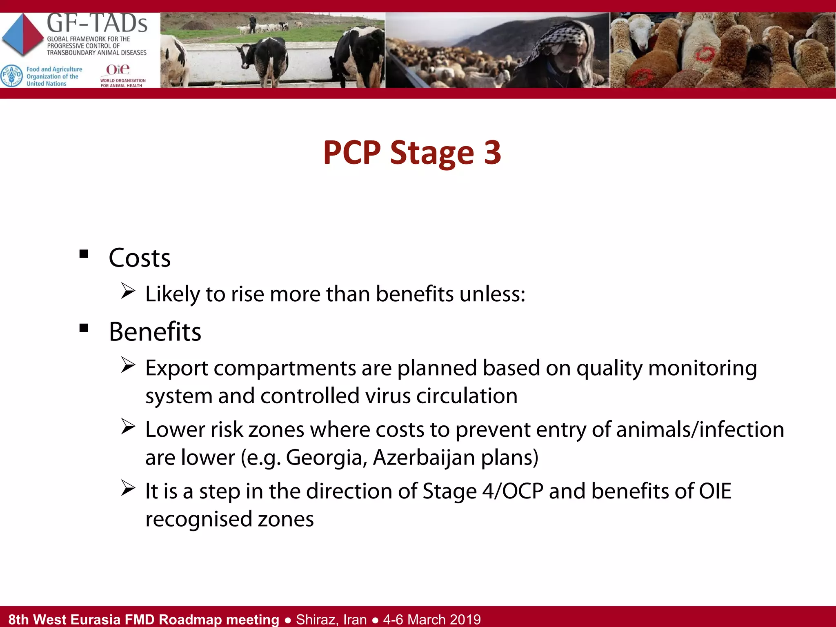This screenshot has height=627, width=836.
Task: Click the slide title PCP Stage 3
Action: click(x=412, y=153)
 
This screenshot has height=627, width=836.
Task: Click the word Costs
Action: click(x=140, y=258)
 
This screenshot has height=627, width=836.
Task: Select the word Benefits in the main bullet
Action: click(x=155, y=331)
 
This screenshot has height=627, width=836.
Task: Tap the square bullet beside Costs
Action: click(x=84, y=254)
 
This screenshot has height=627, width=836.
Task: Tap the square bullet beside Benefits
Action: click(x=84, y=328)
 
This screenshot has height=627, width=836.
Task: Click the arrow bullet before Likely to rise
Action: click(x=128, y=291)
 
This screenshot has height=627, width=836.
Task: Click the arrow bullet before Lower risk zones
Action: click(x=128, y=427)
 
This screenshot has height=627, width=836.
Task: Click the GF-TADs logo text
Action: click(x=97, y=24)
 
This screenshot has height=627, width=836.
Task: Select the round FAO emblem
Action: click(x=11, y=76)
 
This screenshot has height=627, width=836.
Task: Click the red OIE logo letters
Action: click(x=118, y=70)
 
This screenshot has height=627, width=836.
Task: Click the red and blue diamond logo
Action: click(x=23, y=35)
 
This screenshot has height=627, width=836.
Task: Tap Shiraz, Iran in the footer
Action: click(x=331, y=619)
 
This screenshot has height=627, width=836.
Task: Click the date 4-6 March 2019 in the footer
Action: click(x=432, y=619)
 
